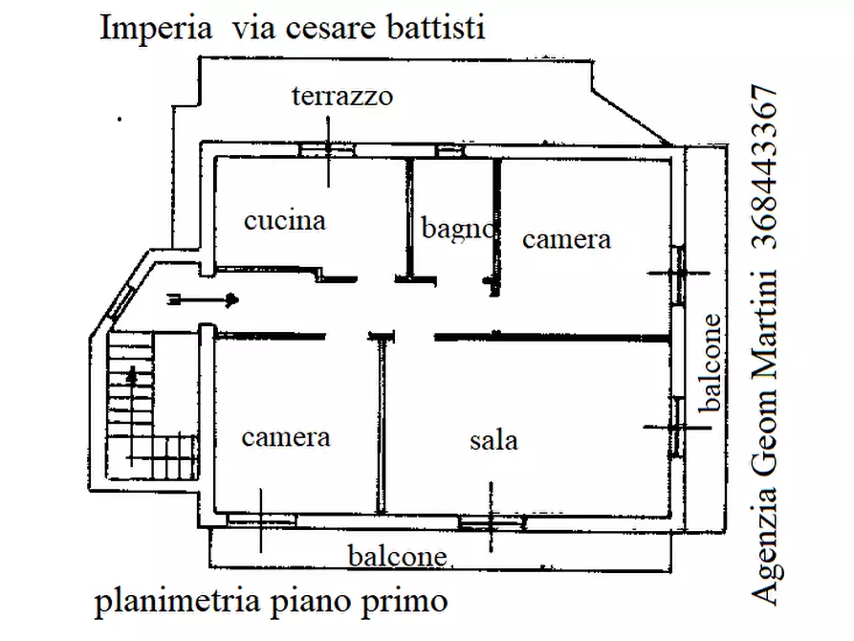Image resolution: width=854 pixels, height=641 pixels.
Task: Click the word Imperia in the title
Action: pyautogui.click(x=156, y=28)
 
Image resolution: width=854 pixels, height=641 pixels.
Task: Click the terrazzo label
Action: pyautogui.click(x=343, y=96)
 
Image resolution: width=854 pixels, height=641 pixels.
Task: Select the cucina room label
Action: pyautogui.click(x=285, y=221)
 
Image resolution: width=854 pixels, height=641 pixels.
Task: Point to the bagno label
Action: pyautogui.click(x=458, y=229)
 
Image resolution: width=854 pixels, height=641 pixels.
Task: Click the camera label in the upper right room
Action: pyautogui.click(x=566, y=238)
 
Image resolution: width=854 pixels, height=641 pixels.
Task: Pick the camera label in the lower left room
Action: pyautogui.click(x=285, y=437)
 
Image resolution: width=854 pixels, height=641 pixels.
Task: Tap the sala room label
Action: pyautogui.click(x=493, y=440)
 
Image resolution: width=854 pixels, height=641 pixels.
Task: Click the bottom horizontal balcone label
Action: pyautogui.click(x=397, y=556)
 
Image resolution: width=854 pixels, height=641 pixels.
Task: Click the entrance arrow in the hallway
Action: pyautogui.click(x=204, y=299)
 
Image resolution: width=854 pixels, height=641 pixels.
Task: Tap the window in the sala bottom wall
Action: pyautogui.click(x=491, y=522)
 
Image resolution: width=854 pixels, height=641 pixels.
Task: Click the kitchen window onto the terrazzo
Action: pyautogui.click(x=325, y=148)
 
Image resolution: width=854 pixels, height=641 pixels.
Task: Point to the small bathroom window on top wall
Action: pyautogui.click(x=448, y=150)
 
